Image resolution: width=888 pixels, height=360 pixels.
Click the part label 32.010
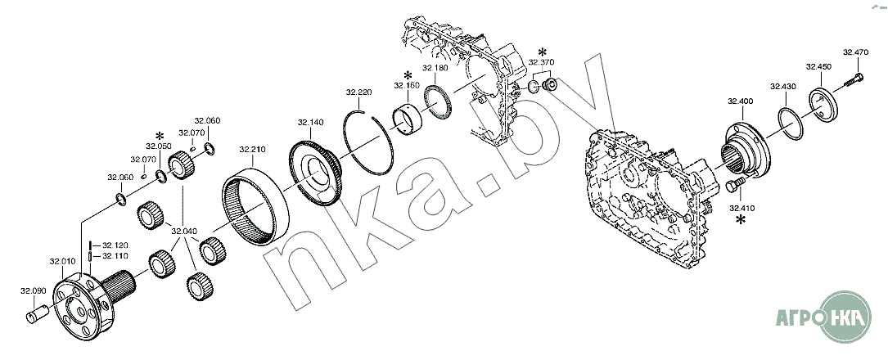tap(61, 262)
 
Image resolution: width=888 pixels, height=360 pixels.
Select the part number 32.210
tap(251, 150)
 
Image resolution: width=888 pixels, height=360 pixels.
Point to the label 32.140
tap(310, 122)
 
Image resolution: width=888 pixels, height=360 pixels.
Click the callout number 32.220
tap(359, 92)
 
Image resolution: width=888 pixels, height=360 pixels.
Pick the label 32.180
tap(435, 68)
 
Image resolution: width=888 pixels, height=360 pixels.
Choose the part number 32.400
tap(740, 102)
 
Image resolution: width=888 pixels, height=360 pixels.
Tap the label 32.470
tap(855, 52)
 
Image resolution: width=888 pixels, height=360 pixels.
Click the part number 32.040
tap(184, 231)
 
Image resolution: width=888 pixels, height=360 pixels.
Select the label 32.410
tap(741, 208)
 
